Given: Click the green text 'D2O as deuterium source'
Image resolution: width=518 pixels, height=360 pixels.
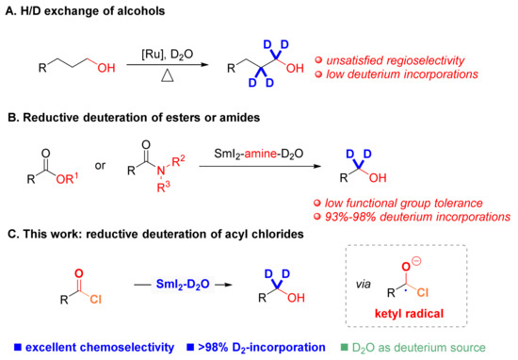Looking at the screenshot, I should tap(434, 346).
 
